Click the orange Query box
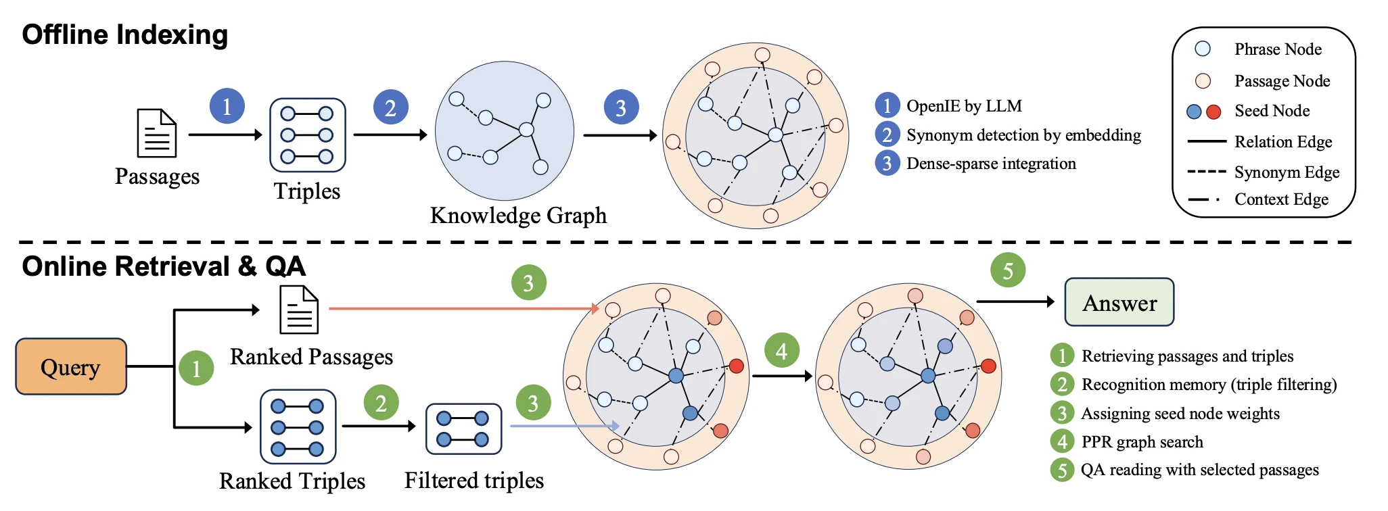[71, 366]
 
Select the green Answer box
[1119, 302]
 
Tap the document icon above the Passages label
[157, 133]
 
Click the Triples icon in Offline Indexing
[307, 135]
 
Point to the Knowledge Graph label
[518, 216]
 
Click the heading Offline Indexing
[125, 34]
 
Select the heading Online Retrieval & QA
[164, 266]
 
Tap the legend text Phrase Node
[1278, 49]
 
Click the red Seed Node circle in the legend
[1213, 112]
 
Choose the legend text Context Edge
[1281, 199]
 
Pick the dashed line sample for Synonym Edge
[1207, 172]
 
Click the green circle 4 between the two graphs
[782, 350]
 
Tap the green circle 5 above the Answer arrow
[1008, 270]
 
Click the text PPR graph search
[1142, 442]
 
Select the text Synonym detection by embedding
[1023, 135]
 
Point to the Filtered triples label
[474, 480]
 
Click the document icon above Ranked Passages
[300, 310]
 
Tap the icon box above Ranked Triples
[298, 427]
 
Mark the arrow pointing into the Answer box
[1015, 301]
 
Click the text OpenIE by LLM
[964, 106]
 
